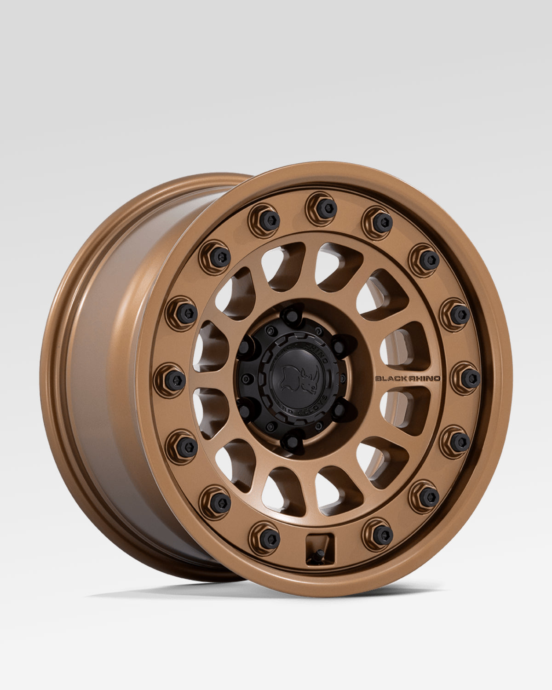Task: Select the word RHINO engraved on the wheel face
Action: pyautogui.click(x=423, y=379)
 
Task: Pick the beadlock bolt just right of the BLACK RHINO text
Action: pyautogui.click(x=470, y=378)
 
